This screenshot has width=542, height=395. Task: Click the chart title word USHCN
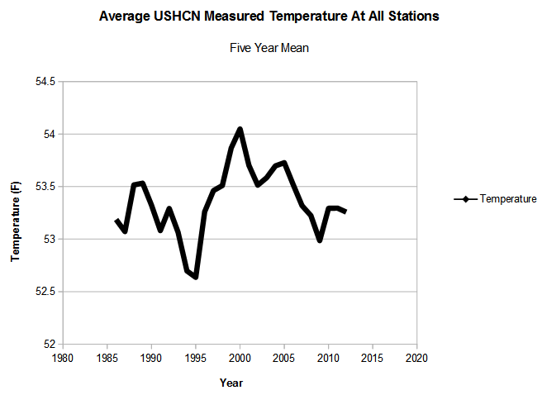176,17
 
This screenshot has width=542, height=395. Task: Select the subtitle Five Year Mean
269,48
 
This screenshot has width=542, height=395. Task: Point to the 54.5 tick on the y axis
45,82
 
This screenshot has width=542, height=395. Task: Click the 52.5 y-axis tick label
45,292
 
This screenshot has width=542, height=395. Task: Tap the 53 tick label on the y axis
49,239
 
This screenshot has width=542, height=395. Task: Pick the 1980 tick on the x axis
63,359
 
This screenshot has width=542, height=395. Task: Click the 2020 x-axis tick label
417,359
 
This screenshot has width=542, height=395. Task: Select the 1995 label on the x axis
196,359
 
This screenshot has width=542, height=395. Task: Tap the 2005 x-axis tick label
284,359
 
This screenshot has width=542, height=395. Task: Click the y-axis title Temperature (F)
16,221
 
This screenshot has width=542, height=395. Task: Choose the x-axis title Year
231,383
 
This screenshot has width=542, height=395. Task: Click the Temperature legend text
508,199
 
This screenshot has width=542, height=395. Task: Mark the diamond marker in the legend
465,199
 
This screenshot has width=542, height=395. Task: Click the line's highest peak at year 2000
240,129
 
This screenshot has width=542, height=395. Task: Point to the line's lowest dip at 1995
196,277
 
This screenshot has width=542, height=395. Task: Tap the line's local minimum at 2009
320,240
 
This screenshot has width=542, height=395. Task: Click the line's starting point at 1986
116,220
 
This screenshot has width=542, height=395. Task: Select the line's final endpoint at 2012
345,212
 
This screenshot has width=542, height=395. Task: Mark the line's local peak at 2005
284,163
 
